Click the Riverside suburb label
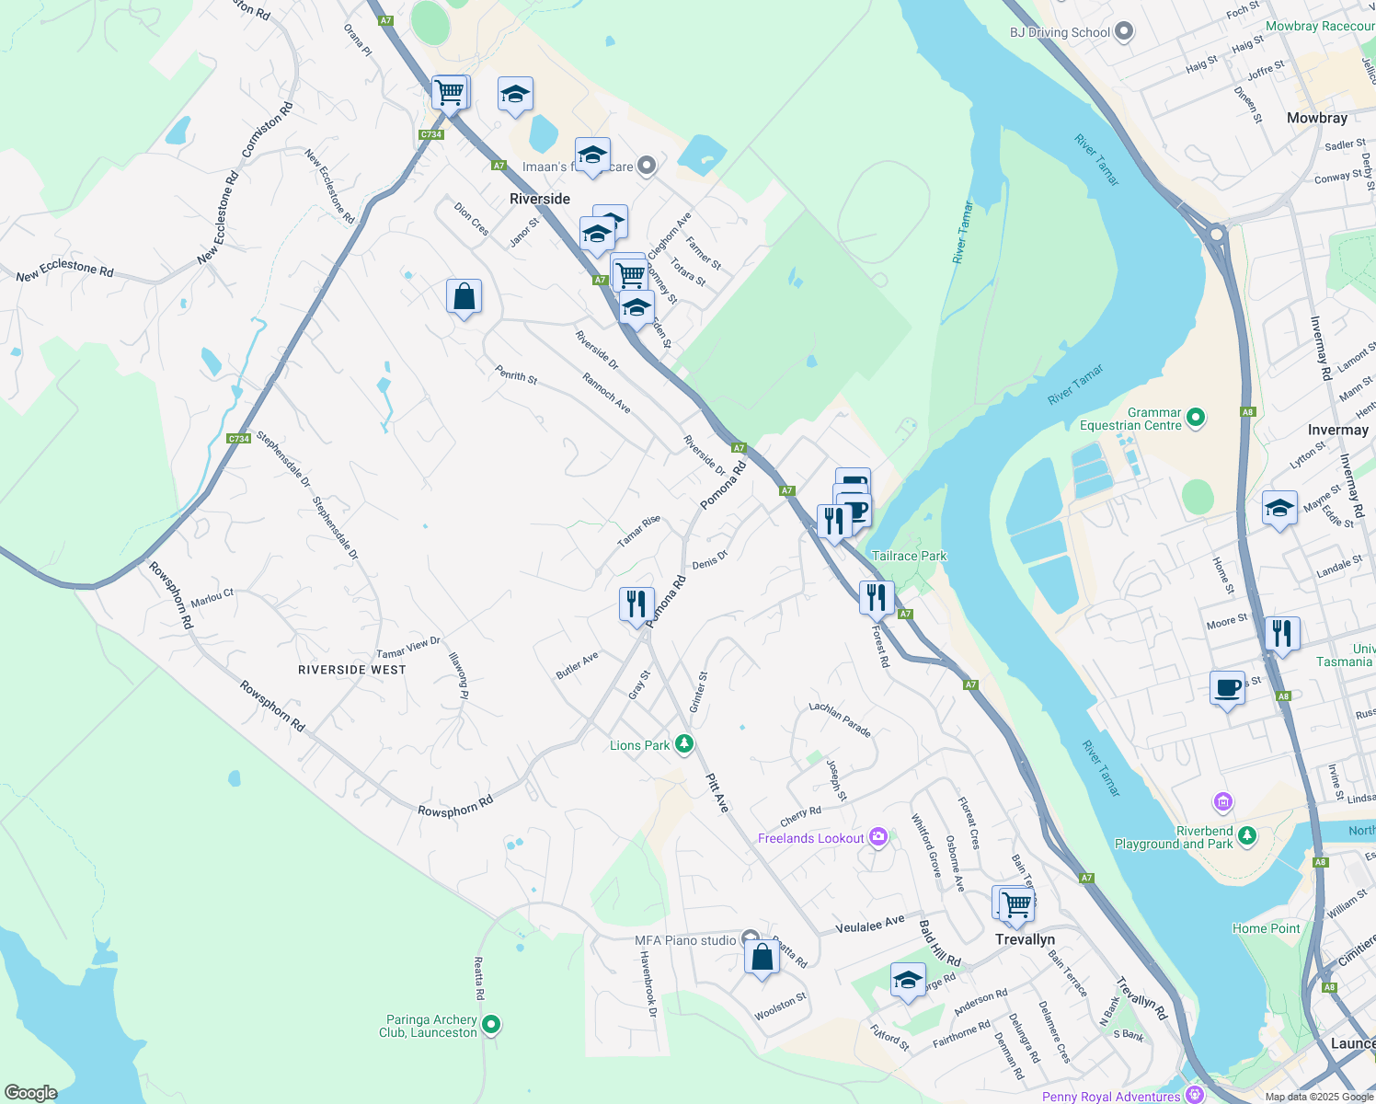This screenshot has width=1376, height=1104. pyautogui.click(x=540, y=199)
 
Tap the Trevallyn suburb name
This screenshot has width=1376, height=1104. pyautogui.click(x=1025, y=939)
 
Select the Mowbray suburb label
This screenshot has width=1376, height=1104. pyautogui.click(x=1316, y=118)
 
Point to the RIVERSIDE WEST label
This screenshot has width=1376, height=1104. pyautogui.click(x=352, y=670)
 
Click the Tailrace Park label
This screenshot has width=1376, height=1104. pyautogui.click(x=909, y=556)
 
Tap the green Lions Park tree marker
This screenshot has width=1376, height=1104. pyautogui.click(x=683, y=744)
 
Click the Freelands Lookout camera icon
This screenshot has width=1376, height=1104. pyautogui.click(x=878, y=837)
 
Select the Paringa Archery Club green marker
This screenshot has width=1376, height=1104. pyautogui.click(x=491, y=1023)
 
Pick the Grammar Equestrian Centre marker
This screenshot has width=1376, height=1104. pyautogui.click(x=1195, y=419)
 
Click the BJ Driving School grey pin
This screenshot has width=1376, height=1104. pyautogui.click(x=1124, y=32)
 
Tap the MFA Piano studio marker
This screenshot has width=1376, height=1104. pyautogui.click(x=751, y=939)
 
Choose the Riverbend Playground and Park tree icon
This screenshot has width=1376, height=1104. pyautogui.click(x=1246, y=835)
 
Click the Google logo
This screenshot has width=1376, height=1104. pyautogui.click(x=30, y=1092)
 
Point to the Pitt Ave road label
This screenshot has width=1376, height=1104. pyautogui.click(x=717, y=792)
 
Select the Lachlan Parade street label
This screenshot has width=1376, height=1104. pyautogui.click(x=840, y=719)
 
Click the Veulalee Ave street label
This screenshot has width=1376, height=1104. pyautogui.click(x=870, y=925)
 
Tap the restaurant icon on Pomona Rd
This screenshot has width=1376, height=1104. pyautogui.click(x=636, y=604)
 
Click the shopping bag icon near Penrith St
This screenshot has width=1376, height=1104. pyautogui.click(x=464, y=297)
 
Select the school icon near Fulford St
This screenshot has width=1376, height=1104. pyautogui.click(x=908, y=980)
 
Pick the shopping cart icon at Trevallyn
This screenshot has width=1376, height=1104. pyautogui.click(x=1016, y=903)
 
